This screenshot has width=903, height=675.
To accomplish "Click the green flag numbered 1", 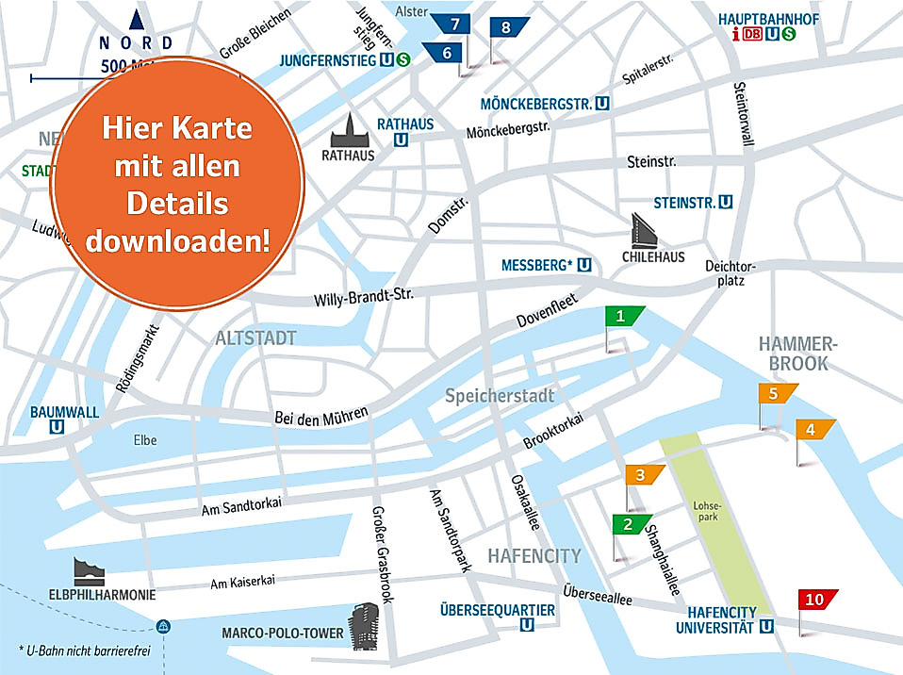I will (x=622, y=317).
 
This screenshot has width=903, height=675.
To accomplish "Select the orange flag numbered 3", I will (x=643, y=474).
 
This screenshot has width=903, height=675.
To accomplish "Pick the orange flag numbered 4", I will (x=813, y=430).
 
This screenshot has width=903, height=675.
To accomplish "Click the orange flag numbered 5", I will (x=775, y=394).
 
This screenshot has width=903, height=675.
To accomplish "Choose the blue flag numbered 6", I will (x=449, y=54).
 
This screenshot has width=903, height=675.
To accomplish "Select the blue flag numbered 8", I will (x=507, y=27).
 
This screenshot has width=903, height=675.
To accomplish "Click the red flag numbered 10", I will (x=815, y=599).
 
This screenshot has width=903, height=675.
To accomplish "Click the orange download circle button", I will (x=176, y=184).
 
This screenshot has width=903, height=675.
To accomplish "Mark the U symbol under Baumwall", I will (x=57, y=427).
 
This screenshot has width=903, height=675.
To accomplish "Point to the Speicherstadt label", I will (x=500, y=396).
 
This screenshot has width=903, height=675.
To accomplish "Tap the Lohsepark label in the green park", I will (x=708, y=510).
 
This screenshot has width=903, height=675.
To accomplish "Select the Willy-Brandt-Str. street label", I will (x=364, y=298).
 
